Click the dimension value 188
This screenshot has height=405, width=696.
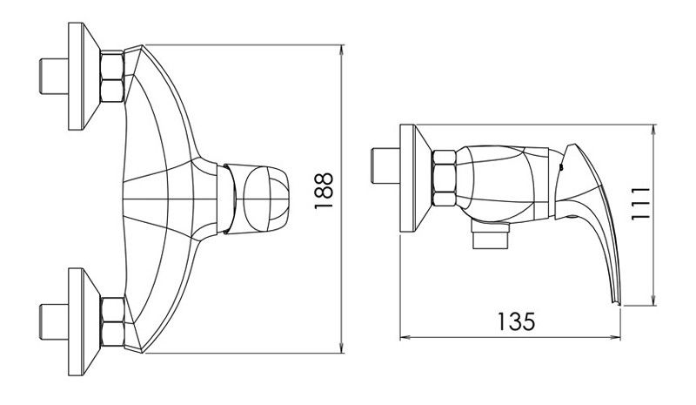click(x=324, y=191)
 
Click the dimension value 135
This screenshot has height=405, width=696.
click(x=516, y=321)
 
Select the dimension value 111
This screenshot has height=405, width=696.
click(x=640, y=203)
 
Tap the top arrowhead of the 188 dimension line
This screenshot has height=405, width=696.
click(x=341, y=50)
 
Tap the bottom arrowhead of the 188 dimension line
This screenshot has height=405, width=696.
click(x=341, y=348)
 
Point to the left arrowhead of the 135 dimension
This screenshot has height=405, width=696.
click(x=405, y=338)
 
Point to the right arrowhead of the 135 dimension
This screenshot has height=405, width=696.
click(x=616, y=338)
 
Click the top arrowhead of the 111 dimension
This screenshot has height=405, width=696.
click(x=653, y=131)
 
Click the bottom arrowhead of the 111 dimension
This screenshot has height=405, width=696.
click(x=653, y=300)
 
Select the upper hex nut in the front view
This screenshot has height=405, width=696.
click(x=112, y=77)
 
